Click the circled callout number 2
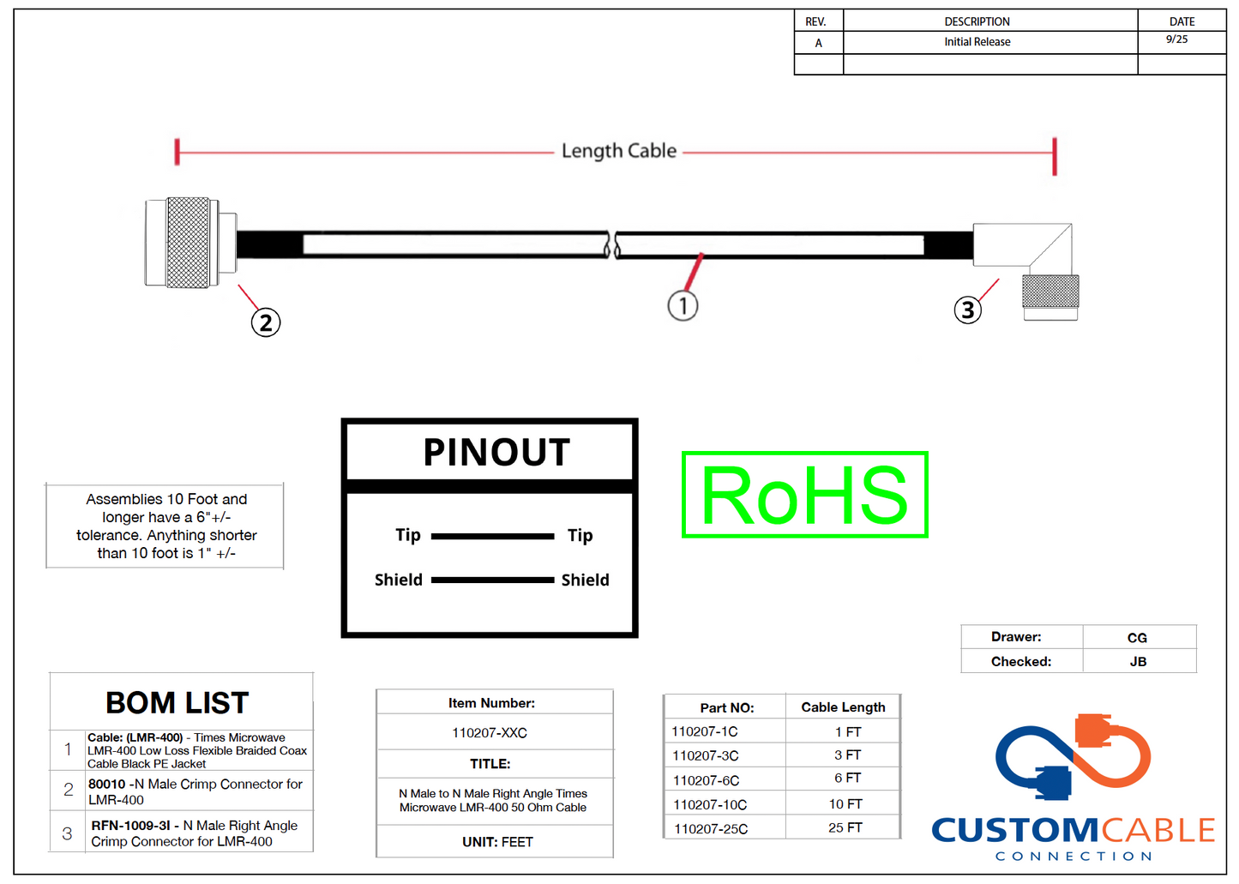(x=266, y=322)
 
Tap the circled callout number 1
(x=683, y=305)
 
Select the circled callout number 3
(x=968, y=310)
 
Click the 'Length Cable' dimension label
(x=619, y=151)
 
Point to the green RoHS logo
(x=804, y=495)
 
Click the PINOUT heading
(x=496, y=452)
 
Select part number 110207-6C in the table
(x=706, y=780)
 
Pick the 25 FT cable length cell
(x=845, y=827)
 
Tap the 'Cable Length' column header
(x=843, y=707)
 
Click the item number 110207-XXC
(x=490, y=733)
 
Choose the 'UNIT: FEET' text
(x=497, y=842)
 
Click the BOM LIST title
(x=177, y=703)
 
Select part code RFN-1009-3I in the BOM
(x=130, y=826)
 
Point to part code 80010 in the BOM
(x=107, y=785)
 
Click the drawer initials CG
(x=1137, y=638)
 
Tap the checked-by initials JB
(x=1138, y=662)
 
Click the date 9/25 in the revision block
(x=1176, y=39)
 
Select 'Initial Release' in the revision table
(x=977, y=42)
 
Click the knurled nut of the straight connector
(x=188, y=243)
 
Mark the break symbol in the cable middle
(x=612, y=244)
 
